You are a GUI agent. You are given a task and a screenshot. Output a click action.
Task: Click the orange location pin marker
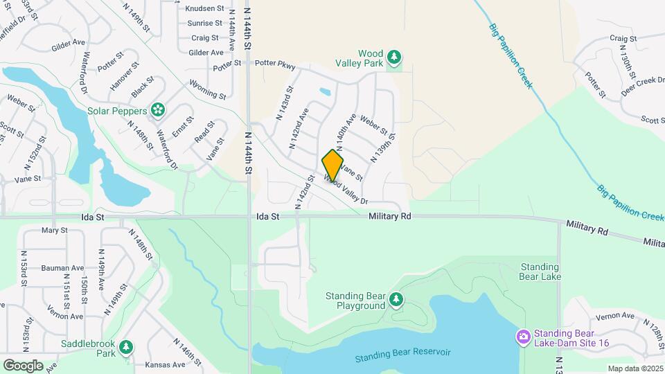tap(333, 166)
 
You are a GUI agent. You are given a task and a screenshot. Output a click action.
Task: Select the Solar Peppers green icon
tap(158, 110)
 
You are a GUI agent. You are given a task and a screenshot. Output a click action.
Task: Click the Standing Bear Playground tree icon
tap(396, 300)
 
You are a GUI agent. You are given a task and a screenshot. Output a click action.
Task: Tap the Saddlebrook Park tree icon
tap(125, 347)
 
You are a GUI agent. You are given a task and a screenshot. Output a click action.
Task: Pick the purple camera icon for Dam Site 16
tap(523, 337)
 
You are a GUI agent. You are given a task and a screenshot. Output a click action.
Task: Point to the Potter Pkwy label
tap(275, 66)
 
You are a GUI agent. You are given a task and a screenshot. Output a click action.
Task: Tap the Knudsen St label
tap(205, 9)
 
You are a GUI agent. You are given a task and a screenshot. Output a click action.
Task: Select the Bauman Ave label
tap(62, 268)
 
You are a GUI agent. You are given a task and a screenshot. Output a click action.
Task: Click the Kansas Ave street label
tap(163, 364)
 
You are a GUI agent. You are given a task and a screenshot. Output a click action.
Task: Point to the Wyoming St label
tap(208, 89)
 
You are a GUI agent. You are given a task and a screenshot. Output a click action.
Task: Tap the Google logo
tap(23, 365)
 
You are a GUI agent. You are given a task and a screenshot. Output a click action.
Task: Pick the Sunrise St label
tap(204, 24)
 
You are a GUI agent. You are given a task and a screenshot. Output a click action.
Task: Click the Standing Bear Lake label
tap(540, 271)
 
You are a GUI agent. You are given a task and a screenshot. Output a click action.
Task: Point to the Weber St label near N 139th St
tap(373, 127)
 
